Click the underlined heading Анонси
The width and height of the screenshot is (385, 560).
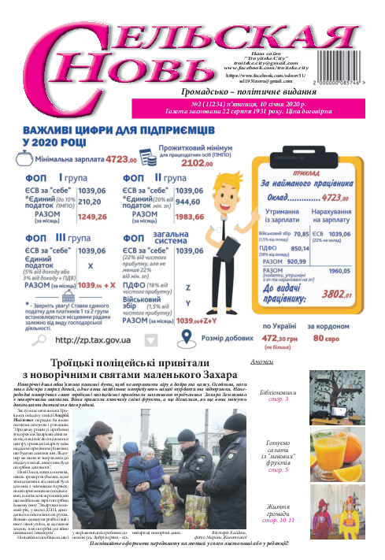261,362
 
